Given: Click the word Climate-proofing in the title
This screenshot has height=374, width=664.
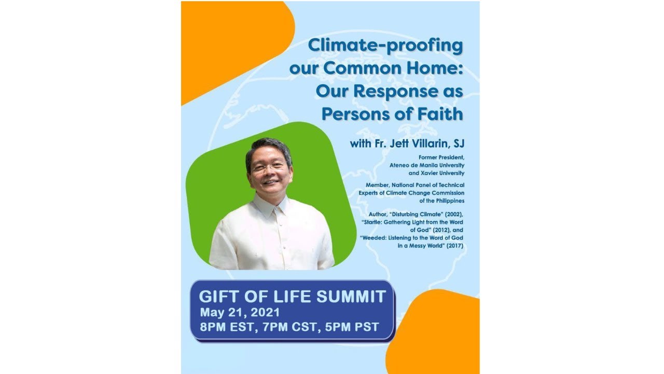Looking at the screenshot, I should [385, 46].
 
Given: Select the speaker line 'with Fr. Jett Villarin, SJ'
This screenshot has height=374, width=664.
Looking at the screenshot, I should [407, 143].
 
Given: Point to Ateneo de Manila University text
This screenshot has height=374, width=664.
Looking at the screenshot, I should [427, 165].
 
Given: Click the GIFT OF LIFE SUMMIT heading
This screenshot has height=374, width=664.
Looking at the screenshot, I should [293, 297].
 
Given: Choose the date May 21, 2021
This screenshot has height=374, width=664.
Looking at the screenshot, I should [240, 313].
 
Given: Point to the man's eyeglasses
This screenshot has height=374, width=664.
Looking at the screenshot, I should [269, 166].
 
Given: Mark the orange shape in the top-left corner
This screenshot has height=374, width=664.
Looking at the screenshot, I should [228, 42].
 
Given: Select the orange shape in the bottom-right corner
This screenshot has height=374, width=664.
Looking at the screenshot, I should [438, 332].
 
